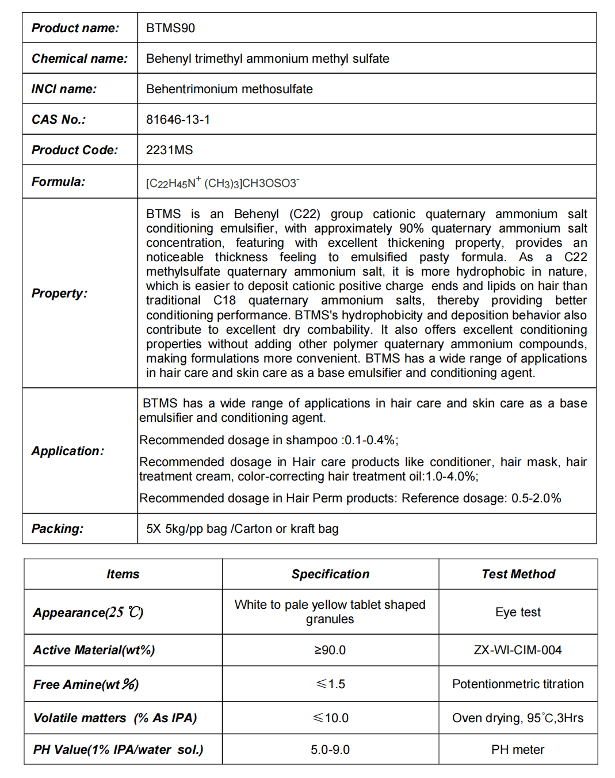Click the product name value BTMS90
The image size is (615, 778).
coord(170,28)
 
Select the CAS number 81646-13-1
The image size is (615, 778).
coord(178,120)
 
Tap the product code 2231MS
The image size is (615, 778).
coord(169,150)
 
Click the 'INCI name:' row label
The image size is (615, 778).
coord(64,89)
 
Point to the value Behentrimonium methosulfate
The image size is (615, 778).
coord(229,89)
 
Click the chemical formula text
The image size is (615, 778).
coord(222,183)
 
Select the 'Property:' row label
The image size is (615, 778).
coord(59,293)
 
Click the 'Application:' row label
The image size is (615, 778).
coord(68,451)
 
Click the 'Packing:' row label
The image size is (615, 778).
coord(57,529)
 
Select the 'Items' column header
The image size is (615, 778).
coord(123,574)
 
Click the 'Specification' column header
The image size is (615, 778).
coord(330,574)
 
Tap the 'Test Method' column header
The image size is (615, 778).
coord(518,574)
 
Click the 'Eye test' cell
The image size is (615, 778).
coord(518,612)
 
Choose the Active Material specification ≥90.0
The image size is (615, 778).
coord(330,650)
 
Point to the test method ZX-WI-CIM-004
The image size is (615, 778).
coord(518,650)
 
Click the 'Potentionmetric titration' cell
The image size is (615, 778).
coord(518,684)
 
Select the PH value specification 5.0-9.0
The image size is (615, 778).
coord(330,750)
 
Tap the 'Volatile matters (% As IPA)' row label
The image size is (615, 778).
coord(115,718)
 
